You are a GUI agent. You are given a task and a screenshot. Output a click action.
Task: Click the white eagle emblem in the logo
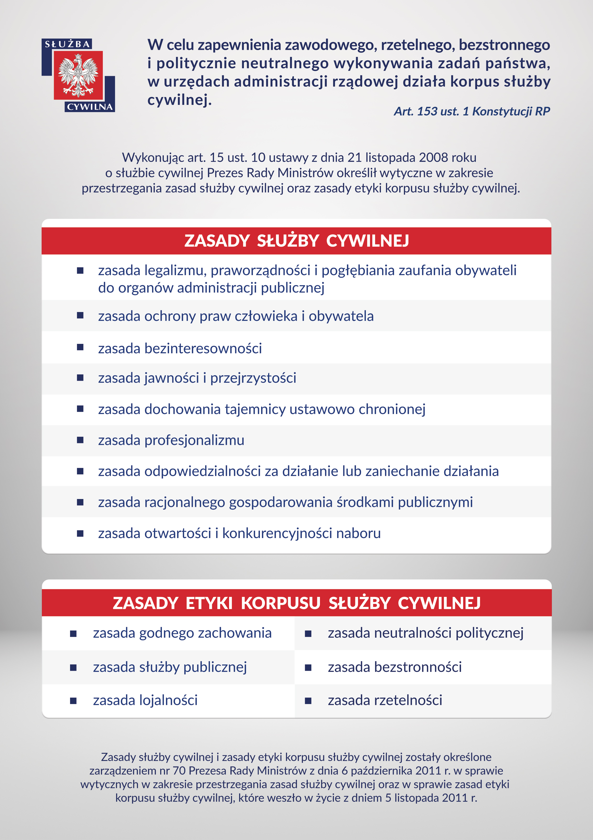[78, 75]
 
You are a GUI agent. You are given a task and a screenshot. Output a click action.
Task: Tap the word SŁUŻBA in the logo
[67, 44]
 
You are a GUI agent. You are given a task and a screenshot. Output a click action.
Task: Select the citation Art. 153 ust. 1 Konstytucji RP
[471, 111]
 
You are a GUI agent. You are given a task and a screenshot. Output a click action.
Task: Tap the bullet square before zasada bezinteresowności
[80, 347]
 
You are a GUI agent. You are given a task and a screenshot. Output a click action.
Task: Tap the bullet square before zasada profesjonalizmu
[80, 440]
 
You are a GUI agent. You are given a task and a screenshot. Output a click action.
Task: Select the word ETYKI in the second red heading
[209, 603]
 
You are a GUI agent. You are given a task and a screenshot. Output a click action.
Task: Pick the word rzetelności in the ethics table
[408, 700]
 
